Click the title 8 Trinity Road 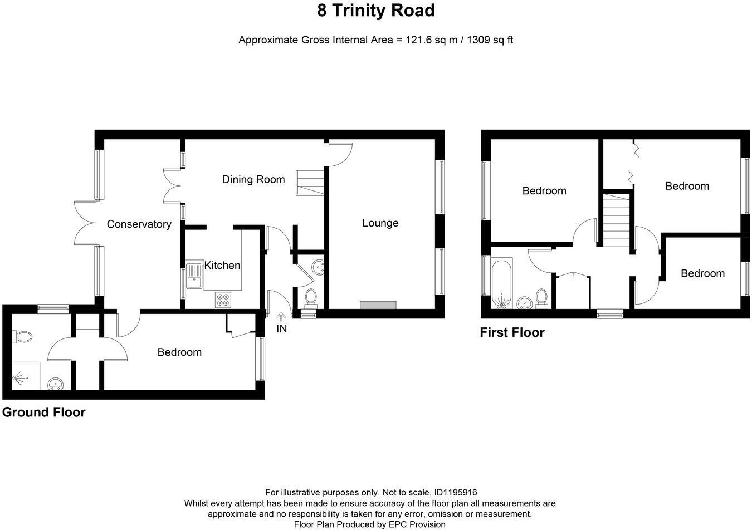pos(376,11)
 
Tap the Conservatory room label pos(139,224)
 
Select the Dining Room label pos(253,179)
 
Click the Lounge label pos(380,223)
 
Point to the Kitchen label pos(222,266)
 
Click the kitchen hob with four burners pos(223,300)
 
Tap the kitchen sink pos(195,276)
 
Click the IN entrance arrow pos(281,317)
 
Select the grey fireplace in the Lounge pos(378,305)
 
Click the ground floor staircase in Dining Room pos(310,183)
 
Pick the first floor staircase pos(617,220)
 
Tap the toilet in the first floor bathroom pos(541,298)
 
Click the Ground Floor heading pos(44,413)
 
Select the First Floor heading pos(512,332)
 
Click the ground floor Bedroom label pos(179,352)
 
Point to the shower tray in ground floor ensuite pos(26,376)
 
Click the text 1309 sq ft pos(490,40)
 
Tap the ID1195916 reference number pos(456,493)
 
